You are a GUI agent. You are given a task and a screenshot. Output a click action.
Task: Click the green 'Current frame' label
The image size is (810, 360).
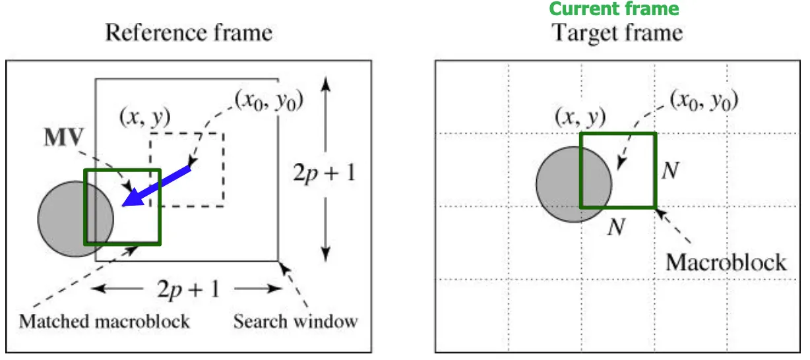click(x=613, y=9)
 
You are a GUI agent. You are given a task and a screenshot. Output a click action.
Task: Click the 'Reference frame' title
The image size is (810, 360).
click(x=189, y=32)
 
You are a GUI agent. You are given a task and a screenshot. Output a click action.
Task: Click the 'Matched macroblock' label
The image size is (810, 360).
click(x=104, y=322)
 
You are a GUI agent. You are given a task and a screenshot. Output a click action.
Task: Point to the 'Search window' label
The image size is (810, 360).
click(x=296, y=322)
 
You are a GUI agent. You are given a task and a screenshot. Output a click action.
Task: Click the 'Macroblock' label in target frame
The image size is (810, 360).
click(x=726, y=262)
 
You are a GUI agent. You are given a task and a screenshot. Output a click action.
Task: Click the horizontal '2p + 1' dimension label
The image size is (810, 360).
click(x=188, y=289)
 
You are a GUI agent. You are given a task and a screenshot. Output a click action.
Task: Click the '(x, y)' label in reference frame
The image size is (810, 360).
click(x=144, y=117)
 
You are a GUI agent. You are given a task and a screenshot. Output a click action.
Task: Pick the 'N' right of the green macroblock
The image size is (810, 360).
click(x=670, y=171)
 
